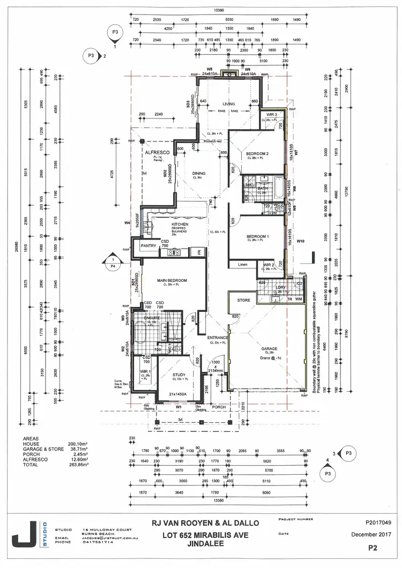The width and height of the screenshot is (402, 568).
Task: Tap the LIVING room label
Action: [x=229, y=104]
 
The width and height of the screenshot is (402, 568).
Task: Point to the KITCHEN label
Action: [x=179, y=225]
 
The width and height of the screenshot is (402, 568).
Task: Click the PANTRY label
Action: [x=147, y=246]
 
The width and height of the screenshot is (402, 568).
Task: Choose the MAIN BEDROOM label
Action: [x=172, y=281]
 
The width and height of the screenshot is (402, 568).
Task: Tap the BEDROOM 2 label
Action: [x=257, y=154]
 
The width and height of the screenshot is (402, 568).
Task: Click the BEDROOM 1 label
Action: [x=257, y=236]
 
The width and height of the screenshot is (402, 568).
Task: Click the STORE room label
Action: [x=244, y=301]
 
